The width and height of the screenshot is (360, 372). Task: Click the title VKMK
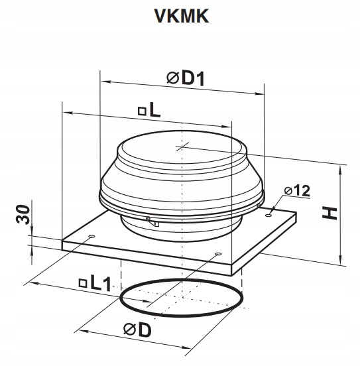[180, 16]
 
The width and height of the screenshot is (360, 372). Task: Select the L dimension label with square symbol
[150, 111]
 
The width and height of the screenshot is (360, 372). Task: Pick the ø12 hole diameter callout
[296, 191]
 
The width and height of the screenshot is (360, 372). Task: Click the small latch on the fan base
[154, 223]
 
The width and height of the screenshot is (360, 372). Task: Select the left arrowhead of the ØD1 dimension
[103, 81]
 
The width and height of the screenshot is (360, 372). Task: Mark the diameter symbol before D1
[171, 79]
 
